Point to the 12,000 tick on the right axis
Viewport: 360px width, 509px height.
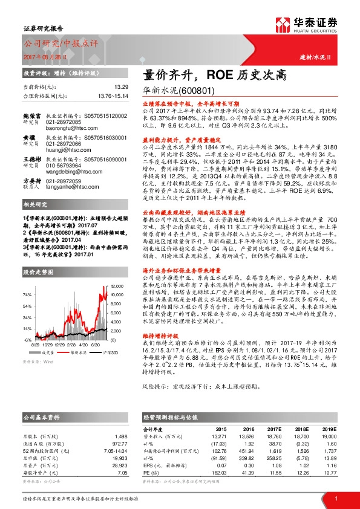point(118,285)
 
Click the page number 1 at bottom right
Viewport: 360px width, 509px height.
point(336,498)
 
